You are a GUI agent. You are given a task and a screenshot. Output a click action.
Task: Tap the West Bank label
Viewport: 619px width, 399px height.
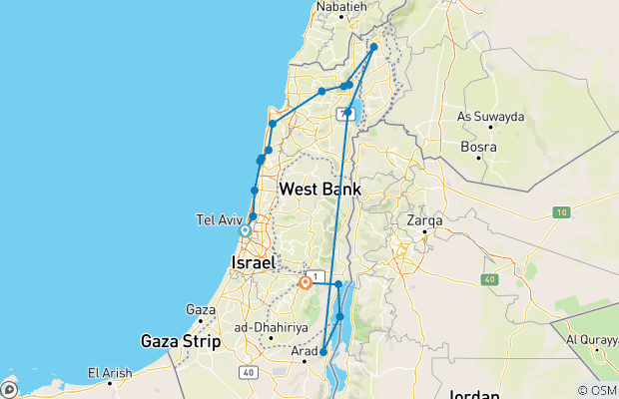click(x=319, y=189)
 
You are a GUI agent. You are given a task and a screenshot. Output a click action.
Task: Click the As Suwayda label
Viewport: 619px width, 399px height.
click(x=490, y=117)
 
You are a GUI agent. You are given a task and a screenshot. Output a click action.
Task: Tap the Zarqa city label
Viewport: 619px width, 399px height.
click(x=426, y=219)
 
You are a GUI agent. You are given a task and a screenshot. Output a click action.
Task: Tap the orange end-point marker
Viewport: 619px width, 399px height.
click(x=306, y=282)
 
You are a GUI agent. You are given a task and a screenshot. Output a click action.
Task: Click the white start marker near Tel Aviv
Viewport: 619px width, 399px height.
click(x=245, y=230)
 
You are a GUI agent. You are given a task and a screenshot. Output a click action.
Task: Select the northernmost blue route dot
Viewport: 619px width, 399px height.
click(x=374, y=47)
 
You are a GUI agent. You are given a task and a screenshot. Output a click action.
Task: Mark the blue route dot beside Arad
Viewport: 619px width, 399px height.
click(x=324, y=351)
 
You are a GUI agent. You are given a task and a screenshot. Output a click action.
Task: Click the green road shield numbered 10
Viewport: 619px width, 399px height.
click(x=562, y=212)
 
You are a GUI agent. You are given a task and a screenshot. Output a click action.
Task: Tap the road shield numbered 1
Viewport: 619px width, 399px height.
click(x=315, y=274)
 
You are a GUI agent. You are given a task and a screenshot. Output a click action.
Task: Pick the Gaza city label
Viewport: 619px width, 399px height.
click(x=202, y=310)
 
